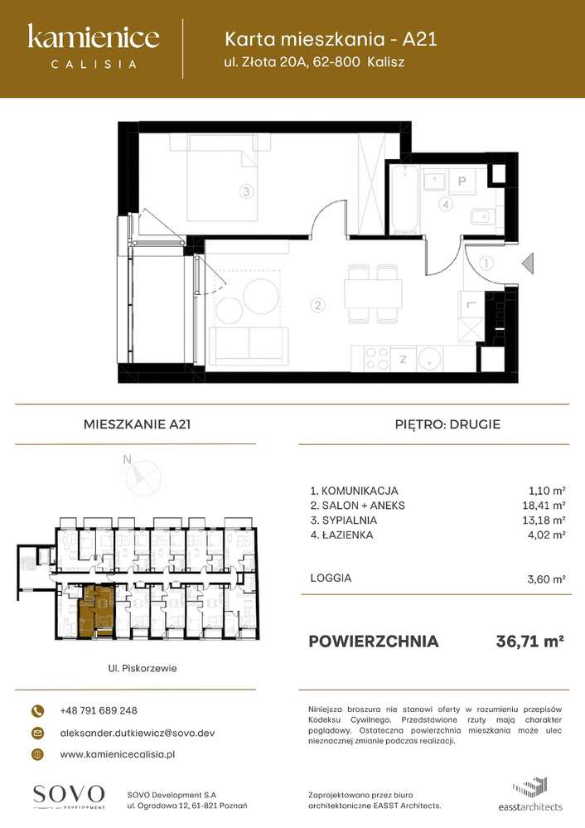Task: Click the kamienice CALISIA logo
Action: (94, 45)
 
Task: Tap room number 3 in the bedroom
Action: (245, 191)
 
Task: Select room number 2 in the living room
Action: (317, 306)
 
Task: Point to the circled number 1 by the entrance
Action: (486, 264)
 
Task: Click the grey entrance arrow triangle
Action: (526, 264)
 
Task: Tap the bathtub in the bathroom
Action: (406, 199)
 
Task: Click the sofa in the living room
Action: (248, 344)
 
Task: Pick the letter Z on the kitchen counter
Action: (402, 359)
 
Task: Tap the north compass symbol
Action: (139, 476)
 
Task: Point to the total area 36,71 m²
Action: (529, 641)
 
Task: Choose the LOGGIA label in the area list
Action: (330, 578)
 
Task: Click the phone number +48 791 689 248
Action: (99, 710)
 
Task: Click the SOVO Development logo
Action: (69, 795)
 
